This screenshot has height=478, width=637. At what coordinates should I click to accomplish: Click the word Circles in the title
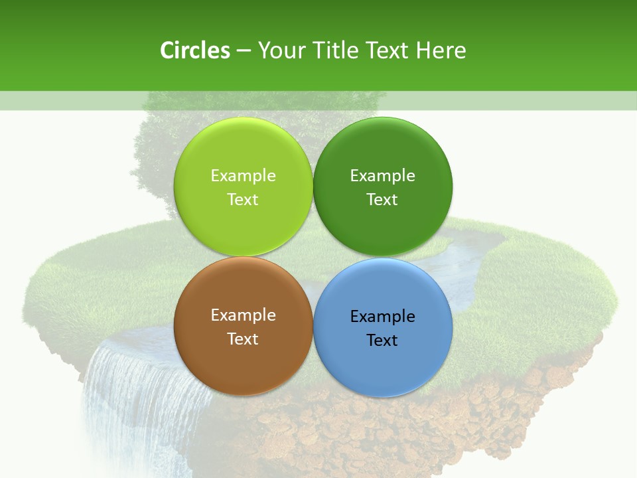[194, 50]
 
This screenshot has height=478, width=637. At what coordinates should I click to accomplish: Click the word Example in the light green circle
[243, 175]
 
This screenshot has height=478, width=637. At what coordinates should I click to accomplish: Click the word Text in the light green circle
[243, 199]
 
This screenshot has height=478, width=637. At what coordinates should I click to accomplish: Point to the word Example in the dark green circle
[382, 175]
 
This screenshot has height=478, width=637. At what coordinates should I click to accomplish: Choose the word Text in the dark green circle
[382, 199]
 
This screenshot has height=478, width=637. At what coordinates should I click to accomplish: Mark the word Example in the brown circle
[243, 315]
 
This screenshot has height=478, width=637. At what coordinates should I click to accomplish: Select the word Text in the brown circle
[243, 339]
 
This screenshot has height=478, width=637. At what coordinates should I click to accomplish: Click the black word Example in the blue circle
[382, 316]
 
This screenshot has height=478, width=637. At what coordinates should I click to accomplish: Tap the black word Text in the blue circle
[382, 340]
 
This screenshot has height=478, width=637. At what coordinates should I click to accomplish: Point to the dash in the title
[244, 51]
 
